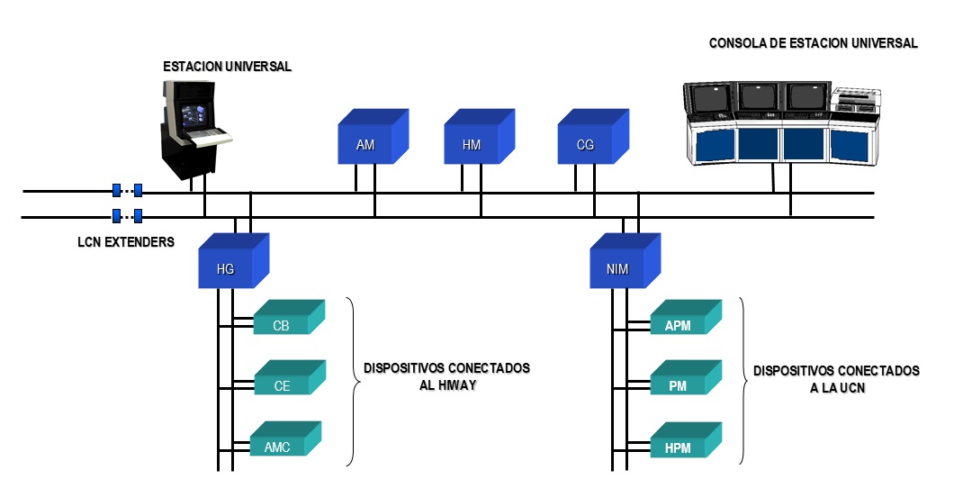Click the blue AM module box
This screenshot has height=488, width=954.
coord(368,143)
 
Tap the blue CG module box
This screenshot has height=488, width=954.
coord(588,143)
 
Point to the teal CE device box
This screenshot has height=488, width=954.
coord(283,384)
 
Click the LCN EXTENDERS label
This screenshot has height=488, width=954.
coord(125,242)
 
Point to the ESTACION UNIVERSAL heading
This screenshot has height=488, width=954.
coord(228,67)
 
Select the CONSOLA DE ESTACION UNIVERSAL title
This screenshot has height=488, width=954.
coord(813,43)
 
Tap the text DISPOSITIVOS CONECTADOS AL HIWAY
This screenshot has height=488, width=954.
coord(446,375)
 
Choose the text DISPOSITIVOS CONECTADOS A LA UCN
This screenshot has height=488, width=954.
coord(836,378)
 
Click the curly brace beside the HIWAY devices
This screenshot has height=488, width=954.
coord(353,382)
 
